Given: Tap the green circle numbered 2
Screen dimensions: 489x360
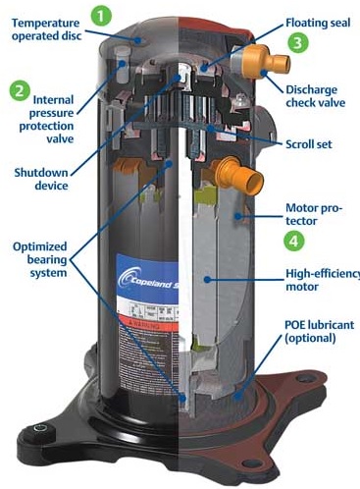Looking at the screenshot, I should (x=20, y=90).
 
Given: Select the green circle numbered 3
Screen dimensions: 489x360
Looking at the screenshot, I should (x=297, y=43).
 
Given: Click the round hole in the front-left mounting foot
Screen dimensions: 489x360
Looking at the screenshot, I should (x=42, y=429).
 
